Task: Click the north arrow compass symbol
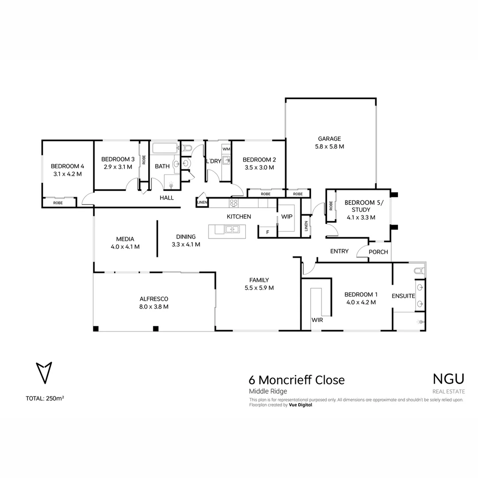[44, 372]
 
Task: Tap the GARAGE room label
[329, 139]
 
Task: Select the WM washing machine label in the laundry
[226, 149]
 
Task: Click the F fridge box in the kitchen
[267, 232]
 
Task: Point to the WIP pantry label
[287, 217]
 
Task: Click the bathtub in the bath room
[165, 148]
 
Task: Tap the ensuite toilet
[418, 270]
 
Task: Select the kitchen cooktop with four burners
[234, 203]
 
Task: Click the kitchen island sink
[231, 229]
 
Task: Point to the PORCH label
[378, 252]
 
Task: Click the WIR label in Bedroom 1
[316, 319]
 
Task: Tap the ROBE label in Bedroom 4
[58, 203]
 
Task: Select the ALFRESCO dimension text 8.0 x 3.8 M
[154, 306]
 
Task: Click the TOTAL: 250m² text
[45, 398]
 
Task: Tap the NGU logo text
[448, 379]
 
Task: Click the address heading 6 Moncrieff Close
[297, 380]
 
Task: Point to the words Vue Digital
[301, 405]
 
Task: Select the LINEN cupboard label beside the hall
[202, 203]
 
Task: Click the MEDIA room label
[125, 239]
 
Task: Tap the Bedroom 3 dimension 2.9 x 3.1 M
[118, 167]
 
